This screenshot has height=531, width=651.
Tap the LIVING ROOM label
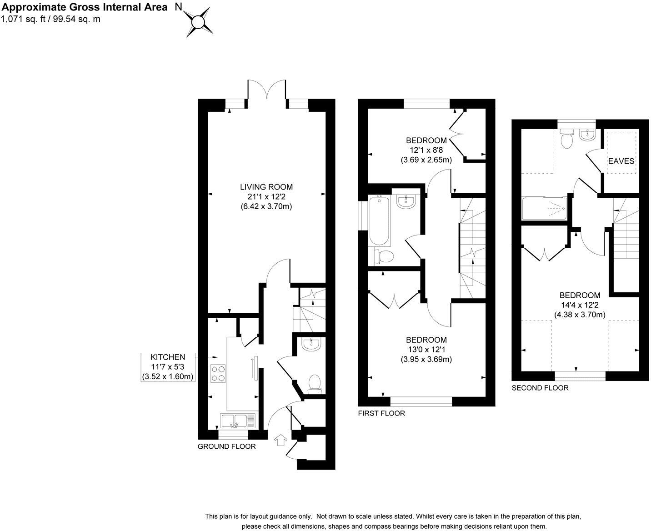pyautogui.click(x=266, y=187)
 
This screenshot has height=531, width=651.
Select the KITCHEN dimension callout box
pyautogui.click(x=168, y=367)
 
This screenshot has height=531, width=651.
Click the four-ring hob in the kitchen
pyautogui.click(x=218, y=374)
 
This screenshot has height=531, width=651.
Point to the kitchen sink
pyautogui.click(x=238, y=421)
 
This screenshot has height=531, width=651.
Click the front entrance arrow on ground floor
pyautogui.click(x=280, y=440)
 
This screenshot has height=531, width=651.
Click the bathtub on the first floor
pyautogui.click(x=379, y=221)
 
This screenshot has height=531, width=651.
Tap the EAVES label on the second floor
pyautogui.click(x=621, y=161)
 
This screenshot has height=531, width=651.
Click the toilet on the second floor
pyautogui.click(x=567, y=139)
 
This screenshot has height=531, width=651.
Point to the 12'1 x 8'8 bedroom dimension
pyautogui.click(x=426, y=150)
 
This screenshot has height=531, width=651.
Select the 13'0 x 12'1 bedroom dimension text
pyautogui.click(x=426, y=350)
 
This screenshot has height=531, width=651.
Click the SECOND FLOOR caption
pyautogui.click(x=540, y=388)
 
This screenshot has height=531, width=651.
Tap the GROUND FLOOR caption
pyautogui.click(x=226, y=446)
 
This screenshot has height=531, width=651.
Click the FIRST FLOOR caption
pyautogui.click(x=381, y=413)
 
